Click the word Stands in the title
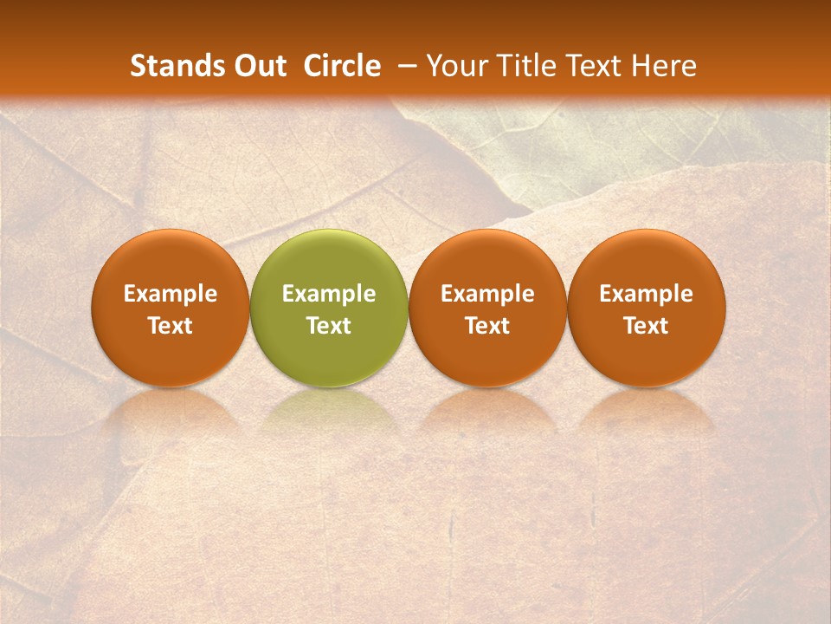coord(177,66)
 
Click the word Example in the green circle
coord(329,295)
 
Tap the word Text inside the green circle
coord(329,326)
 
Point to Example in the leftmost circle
coord(170,295)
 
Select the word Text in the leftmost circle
coord(170,326)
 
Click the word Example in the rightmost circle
coord(647,295)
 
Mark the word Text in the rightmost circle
coord(647,326)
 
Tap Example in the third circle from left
coord(487,295)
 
